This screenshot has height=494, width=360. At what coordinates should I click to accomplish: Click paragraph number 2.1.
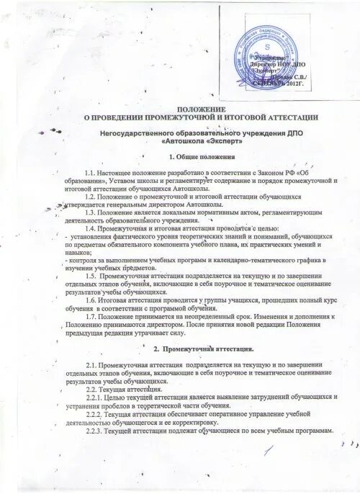[x=91, y=367]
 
